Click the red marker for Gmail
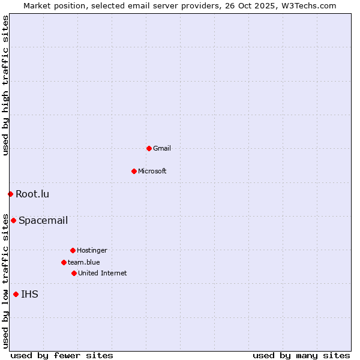(149, 148)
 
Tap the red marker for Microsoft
(134, 171)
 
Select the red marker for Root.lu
(10, 194)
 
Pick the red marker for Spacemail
(13, 220)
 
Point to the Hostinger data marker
(73, 250)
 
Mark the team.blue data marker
(64, 262)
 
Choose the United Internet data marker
(74, 273)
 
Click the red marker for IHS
(16, 294)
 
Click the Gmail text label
(162, 148)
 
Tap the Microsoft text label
(152, 171)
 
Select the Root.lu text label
(32, 194)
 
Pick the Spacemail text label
(43, 220)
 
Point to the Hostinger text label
(92, 250)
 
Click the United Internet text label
(102, 273)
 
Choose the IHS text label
(29, 294)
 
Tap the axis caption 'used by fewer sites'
(62, 355)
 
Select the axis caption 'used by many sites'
(301, 355)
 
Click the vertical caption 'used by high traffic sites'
(5, 86)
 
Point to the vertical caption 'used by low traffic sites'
(5, 280)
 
